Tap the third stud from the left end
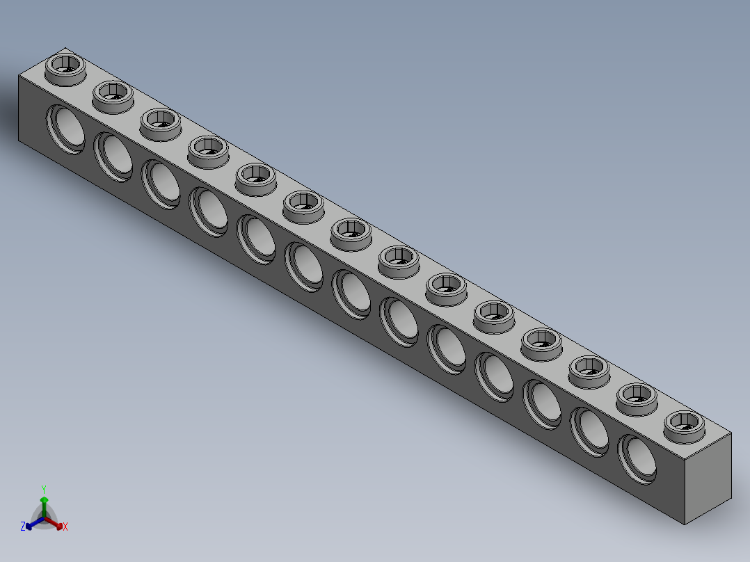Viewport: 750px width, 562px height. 161,121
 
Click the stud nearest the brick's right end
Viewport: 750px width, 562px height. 684,424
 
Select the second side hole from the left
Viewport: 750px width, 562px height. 114,155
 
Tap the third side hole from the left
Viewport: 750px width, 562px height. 161,182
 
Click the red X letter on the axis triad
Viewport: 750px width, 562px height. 65,527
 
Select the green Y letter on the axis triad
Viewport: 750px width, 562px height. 43,488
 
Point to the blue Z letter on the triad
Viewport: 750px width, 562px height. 23,527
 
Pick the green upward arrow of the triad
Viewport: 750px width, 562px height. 44,502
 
